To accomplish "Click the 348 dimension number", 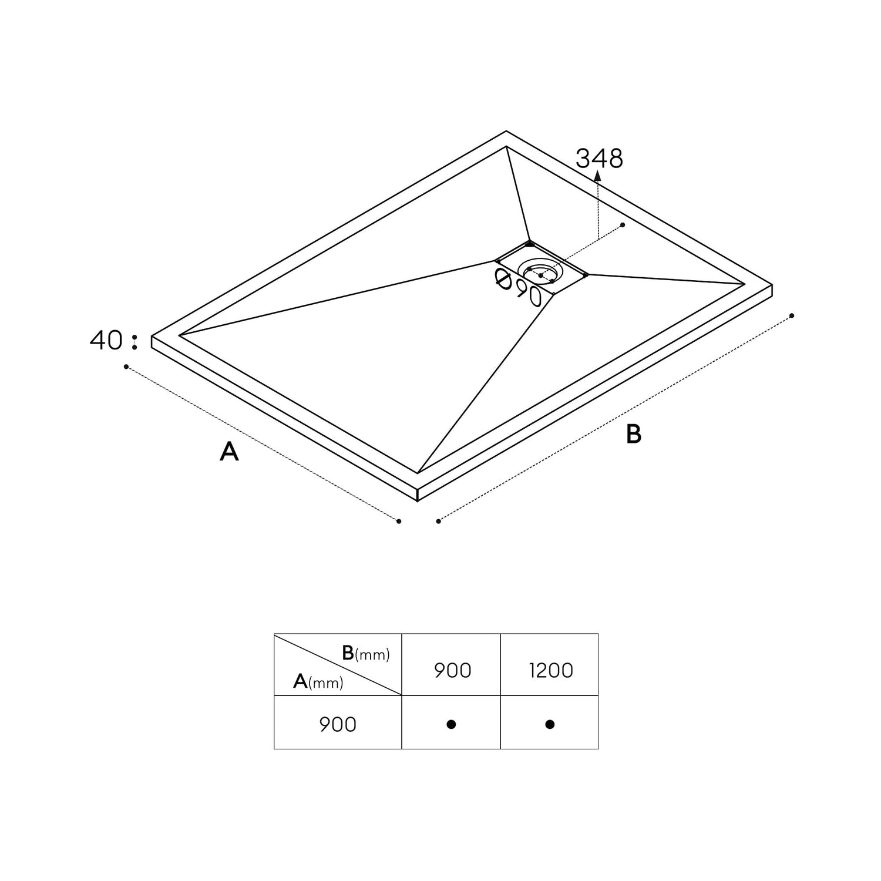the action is click(599, 159).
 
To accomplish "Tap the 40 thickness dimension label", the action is click(106, 340).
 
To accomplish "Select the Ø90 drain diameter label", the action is click(517, 287).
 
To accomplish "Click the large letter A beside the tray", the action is click(229, 451).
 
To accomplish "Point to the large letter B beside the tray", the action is click(634, 434).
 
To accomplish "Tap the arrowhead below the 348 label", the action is click(597, 175).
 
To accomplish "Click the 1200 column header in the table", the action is click(551, 670).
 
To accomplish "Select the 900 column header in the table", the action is click(453, 670).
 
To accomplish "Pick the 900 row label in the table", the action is click(338, 724).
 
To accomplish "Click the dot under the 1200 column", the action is click(550, 724).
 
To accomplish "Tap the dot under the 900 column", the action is click(451, 724).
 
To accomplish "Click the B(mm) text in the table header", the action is click(365, 653).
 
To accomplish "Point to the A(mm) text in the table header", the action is click(318, 681).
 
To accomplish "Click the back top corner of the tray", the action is click(506, 131).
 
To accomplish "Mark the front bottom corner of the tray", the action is click(417, 501).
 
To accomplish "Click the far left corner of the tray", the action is click(152, 336).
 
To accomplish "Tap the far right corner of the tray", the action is click(772, 285).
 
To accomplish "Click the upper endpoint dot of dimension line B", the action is click(792, 316).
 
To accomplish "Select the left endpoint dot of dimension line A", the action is click(126, 367).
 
